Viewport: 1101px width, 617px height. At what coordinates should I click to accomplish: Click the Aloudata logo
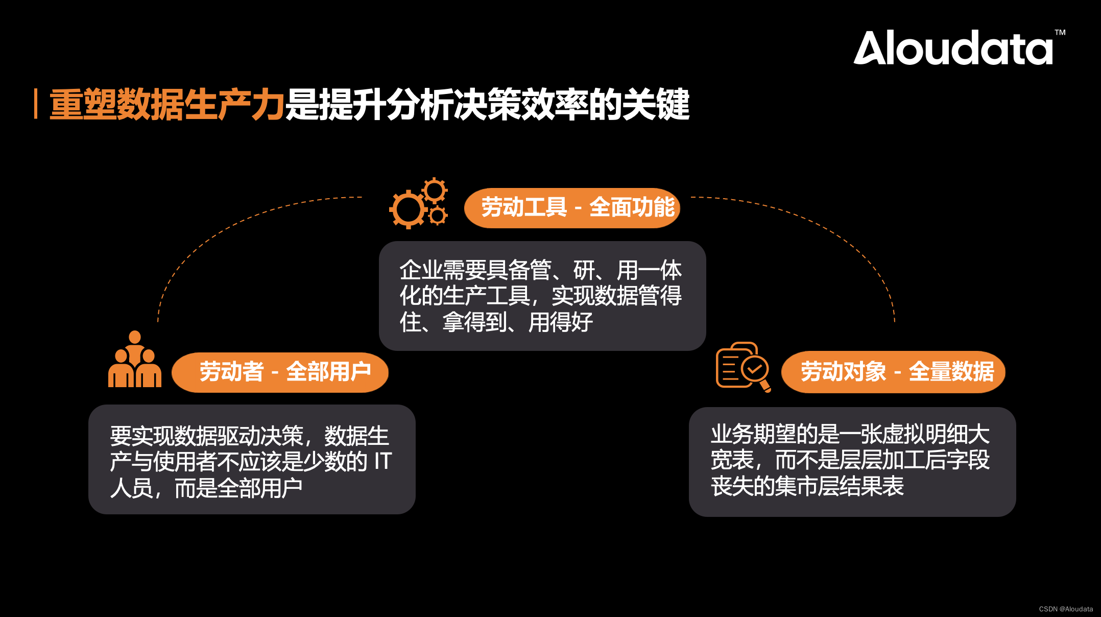click(953, 48)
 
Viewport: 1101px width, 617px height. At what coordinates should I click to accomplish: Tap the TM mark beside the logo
click(1060, 33)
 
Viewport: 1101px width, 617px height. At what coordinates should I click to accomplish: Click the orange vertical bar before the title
click(35, 104)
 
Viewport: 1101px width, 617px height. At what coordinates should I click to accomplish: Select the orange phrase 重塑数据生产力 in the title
click(166, 105)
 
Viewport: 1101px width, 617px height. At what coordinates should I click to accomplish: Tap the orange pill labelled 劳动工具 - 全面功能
click(572, 208)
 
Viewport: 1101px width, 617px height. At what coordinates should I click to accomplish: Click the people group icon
click(135, 360)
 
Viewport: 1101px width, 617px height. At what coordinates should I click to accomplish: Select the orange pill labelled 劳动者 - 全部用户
click(280, 372)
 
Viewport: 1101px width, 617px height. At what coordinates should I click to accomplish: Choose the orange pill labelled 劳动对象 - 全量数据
click(893, 372)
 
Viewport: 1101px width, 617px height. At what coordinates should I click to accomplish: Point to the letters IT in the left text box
click(382, 461)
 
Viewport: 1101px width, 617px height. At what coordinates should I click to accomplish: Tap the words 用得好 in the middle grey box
click(561, 322)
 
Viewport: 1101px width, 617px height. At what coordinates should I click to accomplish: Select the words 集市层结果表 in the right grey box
click(839, 486)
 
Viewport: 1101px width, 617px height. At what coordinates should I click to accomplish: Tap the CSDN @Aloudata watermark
click(1066, 609)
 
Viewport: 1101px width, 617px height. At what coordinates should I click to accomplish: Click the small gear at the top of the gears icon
click(435, 191)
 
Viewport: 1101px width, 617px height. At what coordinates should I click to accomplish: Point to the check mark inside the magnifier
click(755, 368)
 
